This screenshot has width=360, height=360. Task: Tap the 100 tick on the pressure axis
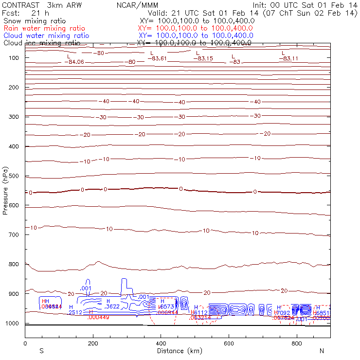click(x=14, y=57)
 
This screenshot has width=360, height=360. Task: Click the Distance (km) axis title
click(x=177, y=351)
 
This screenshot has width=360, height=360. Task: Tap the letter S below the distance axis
click(x=41, y=351)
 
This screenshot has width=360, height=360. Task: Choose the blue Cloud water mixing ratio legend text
click(x=46, y=36)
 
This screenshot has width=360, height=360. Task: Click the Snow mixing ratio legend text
click(x=34, y=21)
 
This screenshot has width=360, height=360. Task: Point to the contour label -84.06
click(x=75, y=62)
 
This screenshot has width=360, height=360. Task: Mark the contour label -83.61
click(x=158, y=58)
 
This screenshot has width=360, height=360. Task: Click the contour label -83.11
click(x=288, y=58)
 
